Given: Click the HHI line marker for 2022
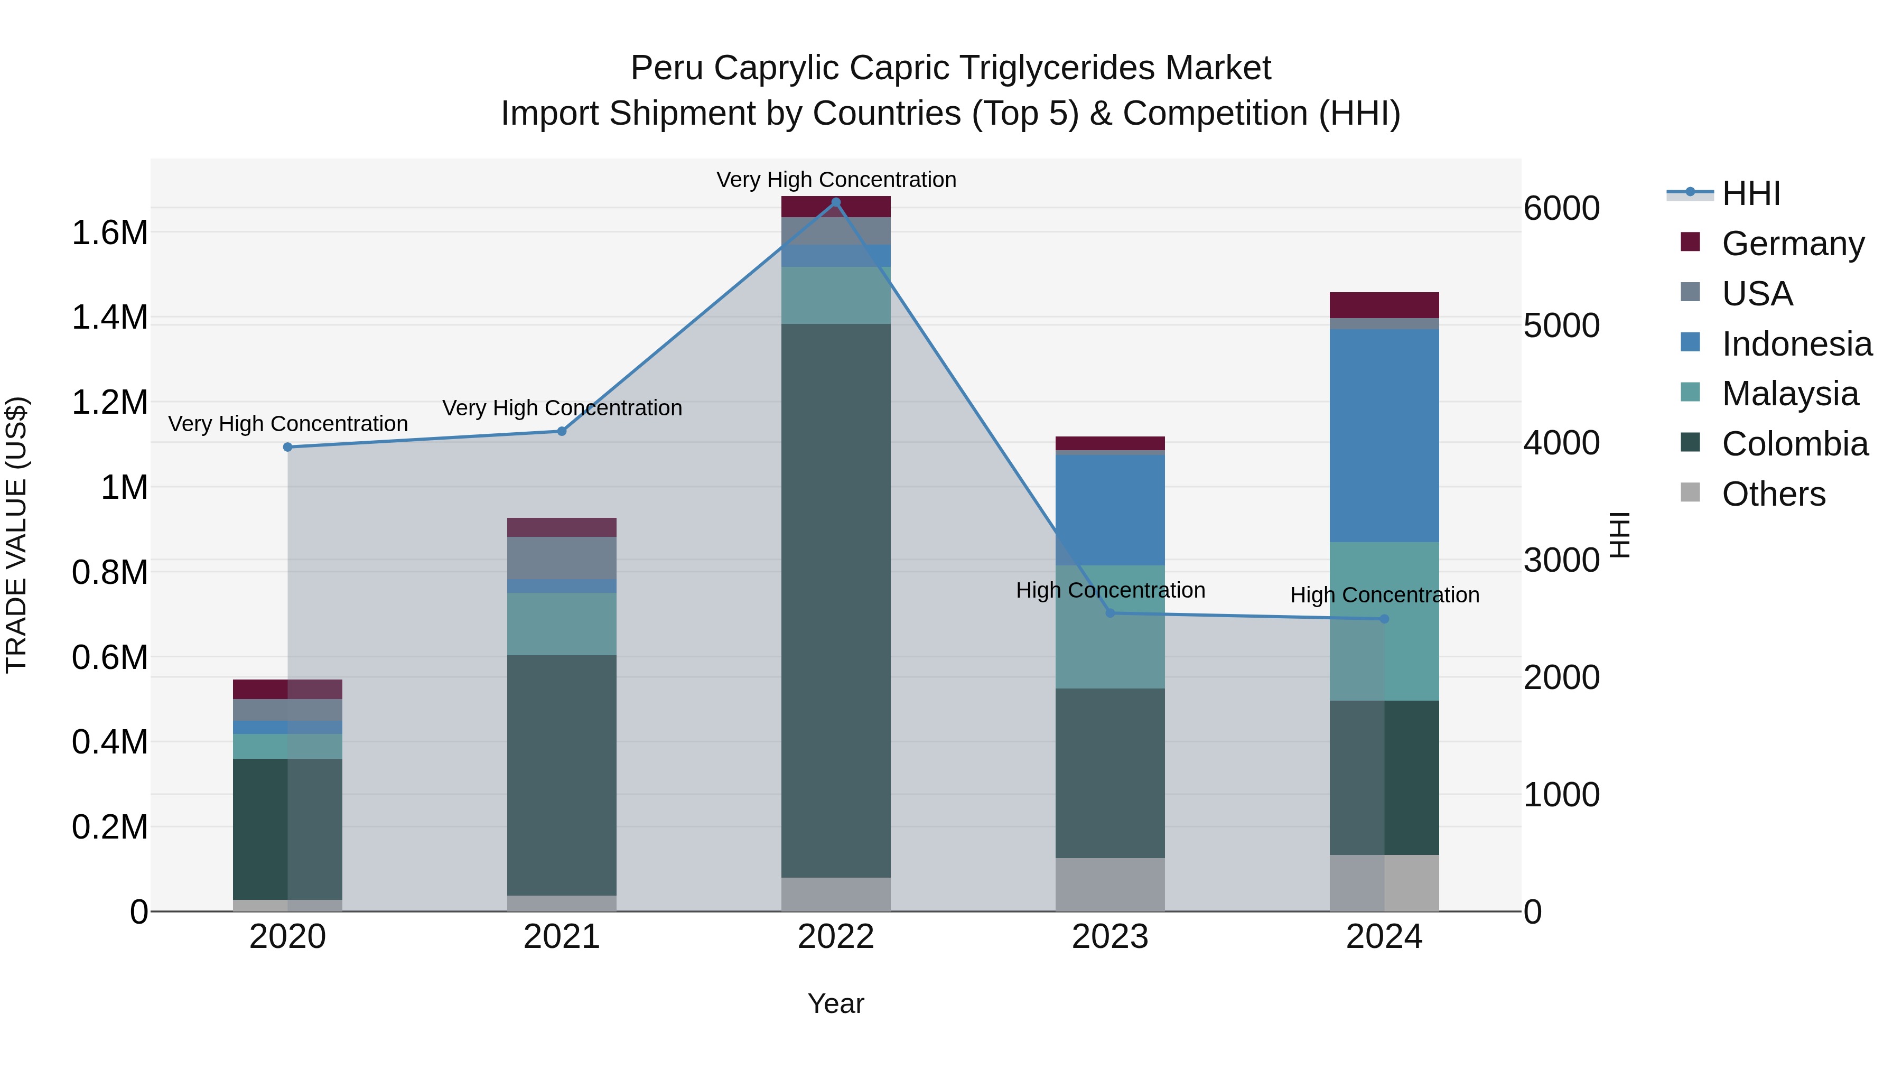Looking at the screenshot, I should pos(836,202).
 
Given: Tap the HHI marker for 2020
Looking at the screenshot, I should pos(288,446).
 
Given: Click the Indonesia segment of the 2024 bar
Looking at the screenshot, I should pos(1384,436).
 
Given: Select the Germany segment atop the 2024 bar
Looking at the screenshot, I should pos(1384,305).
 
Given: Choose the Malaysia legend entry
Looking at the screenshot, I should pos(1790,394).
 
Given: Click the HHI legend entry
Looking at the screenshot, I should pos(1751,193).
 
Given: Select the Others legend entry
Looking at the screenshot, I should pos(1774,494).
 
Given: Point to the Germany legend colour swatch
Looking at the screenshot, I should pos(1690,242).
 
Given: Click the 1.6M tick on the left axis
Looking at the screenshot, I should pos(109,232).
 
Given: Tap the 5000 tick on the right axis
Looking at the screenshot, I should pos(1561,325).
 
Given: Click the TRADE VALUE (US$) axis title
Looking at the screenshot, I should pos(17,535).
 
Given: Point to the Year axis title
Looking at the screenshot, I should pos(836,1003).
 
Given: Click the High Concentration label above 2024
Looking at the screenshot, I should pos(1384,595).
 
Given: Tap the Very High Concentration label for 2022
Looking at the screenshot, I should pos(836,180).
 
